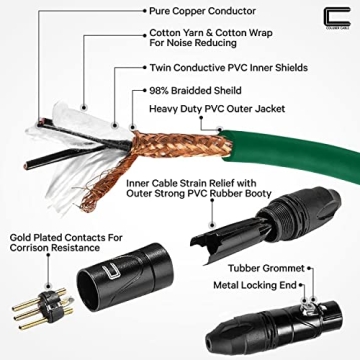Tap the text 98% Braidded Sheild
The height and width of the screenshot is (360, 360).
click(x=199, y=89)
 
